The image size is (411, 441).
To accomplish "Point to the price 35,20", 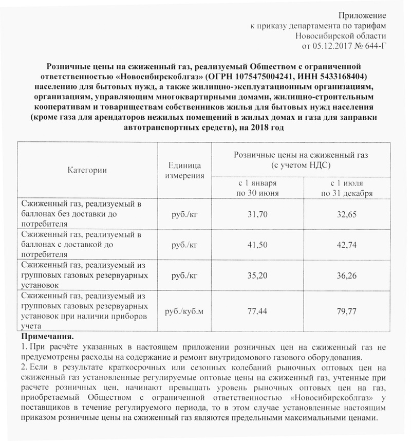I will coord(258,275).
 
